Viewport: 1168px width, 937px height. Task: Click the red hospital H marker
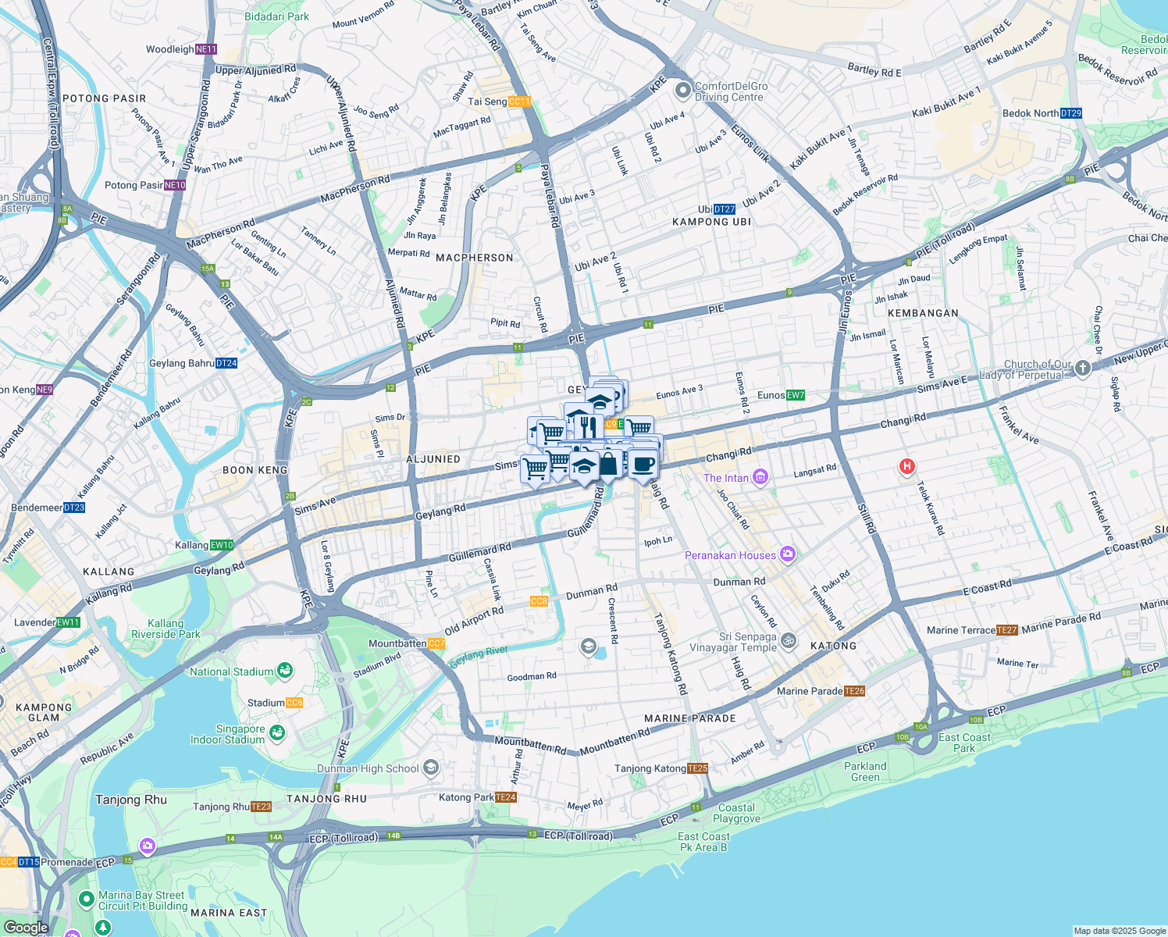(906, 467)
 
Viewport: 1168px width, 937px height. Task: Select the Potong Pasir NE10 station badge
(175, 185)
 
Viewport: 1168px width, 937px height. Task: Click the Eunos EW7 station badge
(795, 395)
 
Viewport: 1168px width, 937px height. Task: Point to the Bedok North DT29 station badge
(1071, 113)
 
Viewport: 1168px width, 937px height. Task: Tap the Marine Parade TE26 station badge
(855, 691)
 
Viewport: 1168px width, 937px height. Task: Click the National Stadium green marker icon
(285, 671)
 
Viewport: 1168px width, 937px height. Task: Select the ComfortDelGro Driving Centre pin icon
(683, 91)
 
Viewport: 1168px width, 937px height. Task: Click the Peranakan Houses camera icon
(788, 554)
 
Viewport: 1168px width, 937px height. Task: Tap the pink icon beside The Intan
(760, 477)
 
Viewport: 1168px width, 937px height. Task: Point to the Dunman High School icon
(430, 768)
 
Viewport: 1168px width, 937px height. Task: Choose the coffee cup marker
(643, 465)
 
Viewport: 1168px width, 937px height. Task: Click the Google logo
(26, 928)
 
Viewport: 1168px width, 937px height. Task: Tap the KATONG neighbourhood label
(833, 646)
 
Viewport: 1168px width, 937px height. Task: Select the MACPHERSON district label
(475, 258)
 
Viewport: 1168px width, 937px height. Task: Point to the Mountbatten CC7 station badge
(436, 643)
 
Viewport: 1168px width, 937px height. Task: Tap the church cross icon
(1082, 369)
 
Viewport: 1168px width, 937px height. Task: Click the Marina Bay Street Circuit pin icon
(87, 900)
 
